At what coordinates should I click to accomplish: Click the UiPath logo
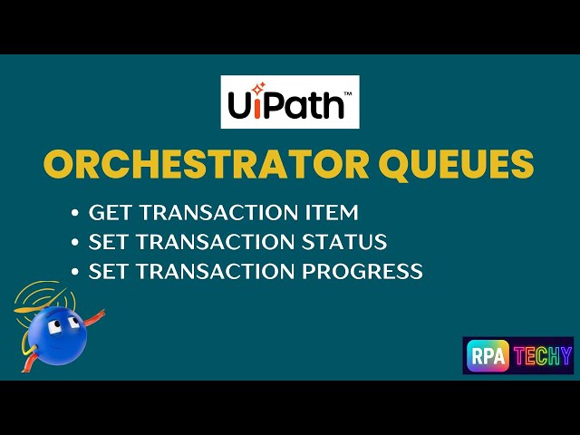(x=290, y=101)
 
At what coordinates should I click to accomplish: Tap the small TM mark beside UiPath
(x=349, y=89)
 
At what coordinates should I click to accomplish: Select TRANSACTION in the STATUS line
(x=212, y=242)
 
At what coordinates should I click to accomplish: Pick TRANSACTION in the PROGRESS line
(x=212, y=271)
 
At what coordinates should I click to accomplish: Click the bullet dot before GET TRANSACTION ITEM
(x=75, y=214)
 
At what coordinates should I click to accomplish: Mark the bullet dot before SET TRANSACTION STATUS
(x=75, y=243)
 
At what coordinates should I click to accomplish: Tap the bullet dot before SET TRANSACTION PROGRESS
(x=75, y=272)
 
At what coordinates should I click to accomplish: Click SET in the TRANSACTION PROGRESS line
(x=106, y=271)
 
